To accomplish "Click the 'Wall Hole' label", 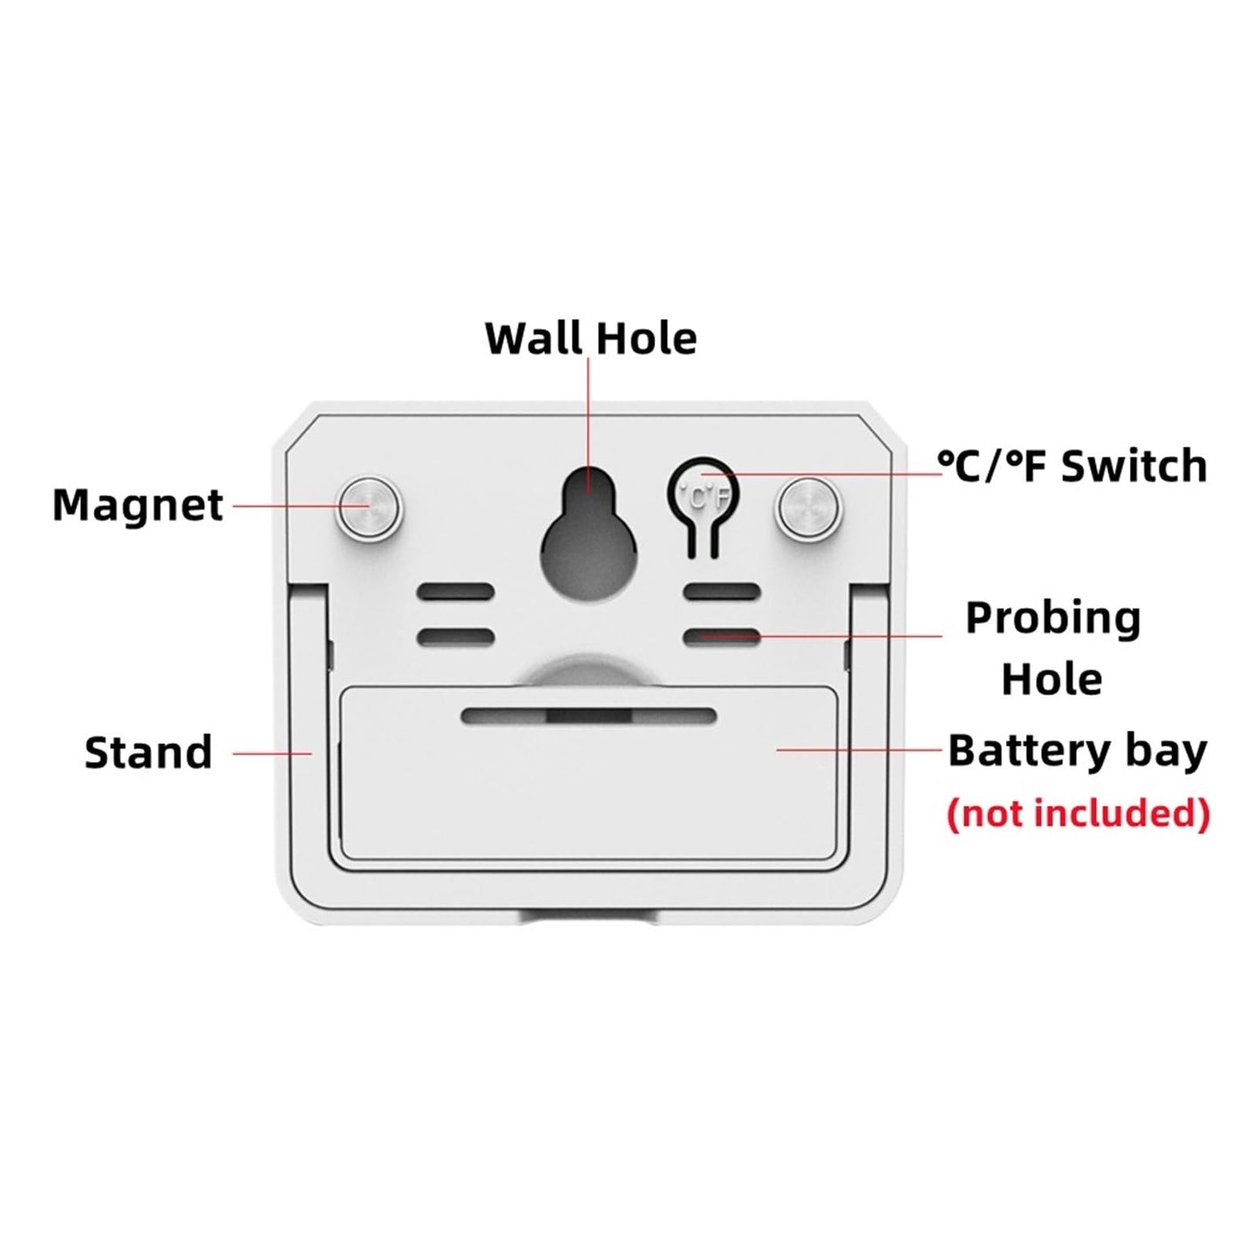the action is coord(590,338).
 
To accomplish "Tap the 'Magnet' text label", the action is coord(138,506).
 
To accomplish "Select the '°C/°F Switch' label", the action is coord(1073,467).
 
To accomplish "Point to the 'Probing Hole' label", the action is coord(1052,648).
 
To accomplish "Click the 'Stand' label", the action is coord(148,753).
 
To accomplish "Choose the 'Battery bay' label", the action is coord(1078,752).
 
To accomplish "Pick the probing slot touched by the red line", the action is coord(722,636).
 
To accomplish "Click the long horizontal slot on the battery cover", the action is coord(589,715).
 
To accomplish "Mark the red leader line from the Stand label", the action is coord(272,753).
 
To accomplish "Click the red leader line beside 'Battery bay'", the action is coord(859,750).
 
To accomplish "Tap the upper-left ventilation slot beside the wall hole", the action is coord(456,592).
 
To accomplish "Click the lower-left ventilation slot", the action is coord(456,636).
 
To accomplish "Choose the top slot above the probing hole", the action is coord(722,592).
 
